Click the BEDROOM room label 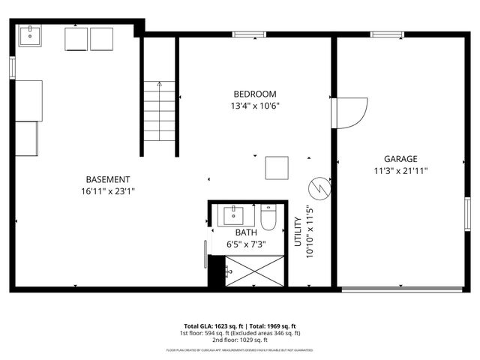point(255,94)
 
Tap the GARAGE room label point(400,159)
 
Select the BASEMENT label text point(108,179)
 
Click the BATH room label point(247,233)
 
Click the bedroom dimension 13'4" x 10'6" point(255,106)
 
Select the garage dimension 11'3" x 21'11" point(400,170)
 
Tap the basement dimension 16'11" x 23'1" point(109,191)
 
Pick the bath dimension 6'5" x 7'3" point(247,244)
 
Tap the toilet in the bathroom point(268,217)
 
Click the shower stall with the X point(255,271)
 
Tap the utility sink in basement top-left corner point(31,35)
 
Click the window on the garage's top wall point(388,34)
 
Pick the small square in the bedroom point(277,167)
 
